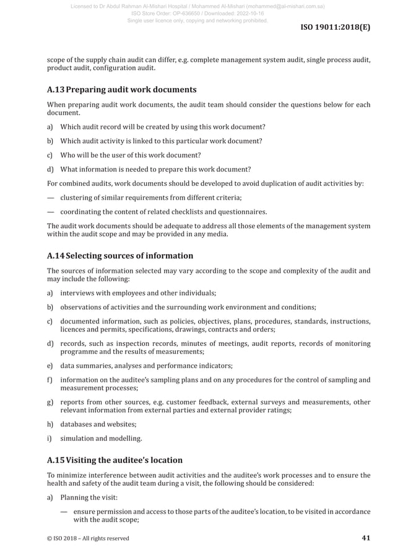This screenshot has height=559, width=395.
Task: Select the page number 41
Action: point(365,538)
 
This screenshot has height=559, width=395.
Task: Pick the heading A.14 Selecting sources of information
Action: point(120,255)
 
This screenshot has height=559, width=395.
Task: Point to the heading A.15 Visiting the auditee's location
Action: point(115,460)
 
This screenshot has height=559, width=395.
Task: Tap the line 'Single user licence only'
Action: point(197,20)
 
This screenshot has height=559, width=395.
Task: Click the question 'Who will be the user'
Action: point(130,155)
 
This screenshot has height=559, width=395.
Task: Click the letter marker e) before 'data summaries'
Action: point(50,366)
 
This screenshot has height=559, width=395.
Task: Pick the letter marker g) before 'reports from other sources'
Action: point(50,402)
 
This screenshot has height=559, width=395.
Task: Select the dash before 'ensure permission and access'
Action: point(64,512)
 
